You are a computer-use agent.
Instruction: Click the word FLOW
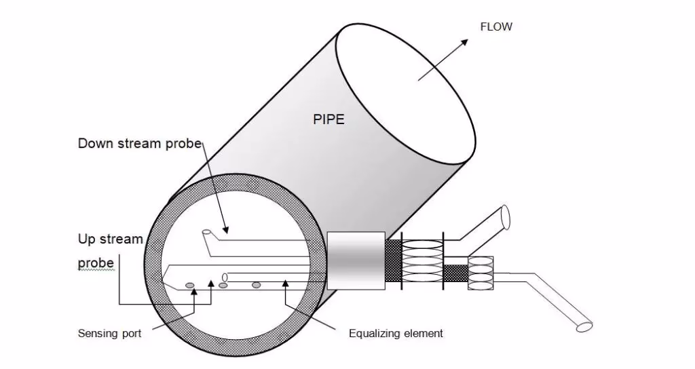(x=496, y=27)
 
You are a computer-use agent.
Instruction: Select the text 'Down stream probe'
(x=140, y=143)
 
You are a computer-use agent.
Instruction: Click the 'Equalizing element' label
(x=396, y=333)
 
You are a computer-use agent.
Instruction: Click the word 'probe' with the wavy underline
(x=96, y=263)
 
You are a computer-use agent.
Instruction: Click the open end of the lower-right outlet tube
(x=584, y=326)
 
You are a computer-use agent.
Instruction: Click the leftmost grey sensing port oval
(x=191, y=284)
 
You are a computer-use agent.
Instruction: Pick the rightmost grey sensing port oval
(x=257, y=284)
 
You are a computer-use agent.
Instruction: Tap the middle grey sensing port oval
(x=223, y=284)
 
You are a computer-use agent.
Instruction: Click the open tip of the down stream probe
(x=207, y=233)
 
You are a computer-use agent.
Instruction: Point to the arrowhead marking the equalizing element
(x=286, y=283)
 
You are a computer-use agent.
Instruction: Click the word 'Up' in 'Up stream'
(x=86, y=239)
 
